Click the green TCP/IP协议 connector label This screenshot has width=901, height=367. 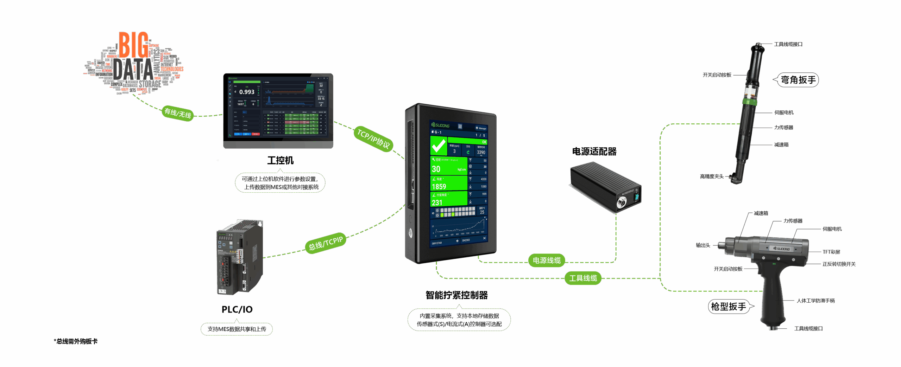(x=373, y=139)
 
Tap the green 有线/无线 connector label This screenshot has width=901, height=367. (x=178, y=113)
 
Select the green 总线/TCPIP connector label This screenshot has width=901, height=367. (x=326, y=243)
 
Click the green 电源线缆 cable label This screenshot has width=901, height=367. (x=546, y=260)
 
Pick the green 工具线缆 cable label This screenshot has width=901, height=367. (x=583, y=278)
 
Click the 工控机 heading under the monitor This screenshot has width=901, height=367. (x=280, y=161)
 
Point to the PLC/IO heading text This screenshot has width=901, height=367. (x=237, y=309)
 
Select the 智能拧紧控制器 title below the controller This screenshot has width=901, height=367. (x=456, y=295)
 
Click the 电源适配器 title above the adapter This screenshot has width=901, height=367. (x=594, y=152)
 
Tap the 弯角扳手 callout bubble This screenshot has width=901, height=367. (x=798, y=80)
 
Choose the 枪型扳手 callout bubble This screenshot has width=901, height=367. (x=729, y=307)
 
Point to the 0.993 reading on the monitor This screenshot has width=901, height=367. (x=247, y=92)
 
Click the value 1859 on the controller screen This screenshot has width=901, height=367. (x=439, y=187)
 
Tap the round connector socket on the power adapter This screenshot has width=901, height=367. (x=622, y=202)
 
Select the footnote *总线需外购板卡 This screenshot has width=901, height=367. (x=76, y=341)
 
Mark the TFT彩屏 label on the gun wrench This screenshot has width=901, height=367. (x=831, y=252)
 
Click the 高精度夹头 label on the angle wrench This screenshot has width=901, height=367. (x=712, y=176)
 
